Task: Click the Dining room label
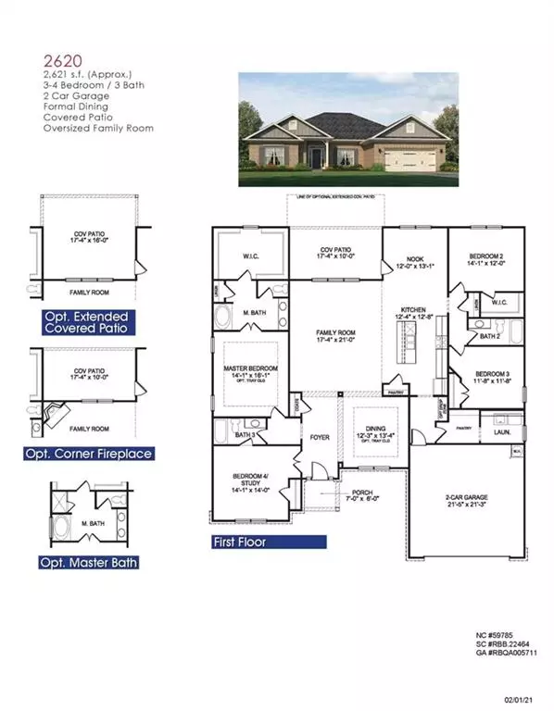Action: click(361, 428)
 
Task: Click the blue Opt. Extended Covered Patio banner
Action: click(83, 323)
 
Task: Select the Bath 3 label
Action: click(245, 434)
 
